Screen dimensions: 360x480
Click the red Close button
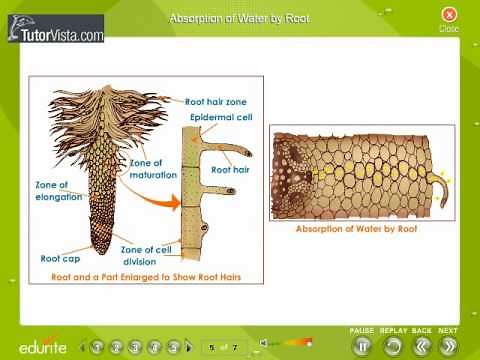tap(449, 14)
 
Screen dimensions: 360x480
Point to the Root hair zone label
tap(215, 101)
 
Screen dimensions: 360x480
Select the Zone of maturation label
tap(153, 169)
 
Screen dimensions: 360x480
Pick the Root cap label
tap(60, 257)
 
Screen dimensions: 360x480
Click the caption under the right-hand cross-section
tap(356, 228)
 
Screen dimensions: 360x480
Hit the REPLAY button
tap(393, 345)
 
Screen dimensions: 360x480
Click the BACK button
tap(421, 345)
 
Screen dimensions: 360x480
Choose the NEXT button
tap(448, 345)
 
